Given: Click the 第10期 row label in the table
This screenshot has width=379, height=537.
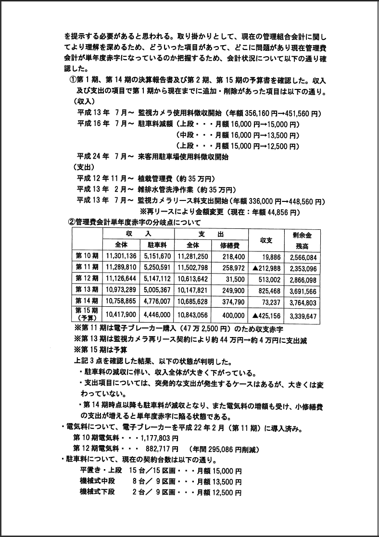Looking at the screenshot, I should (87, 257).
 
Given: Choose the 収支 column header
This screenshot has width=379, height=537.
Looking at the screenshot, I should (266, 240).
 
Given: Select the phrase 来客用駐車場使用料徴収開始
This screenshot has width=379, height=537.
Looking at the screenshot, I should (183, 157).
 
